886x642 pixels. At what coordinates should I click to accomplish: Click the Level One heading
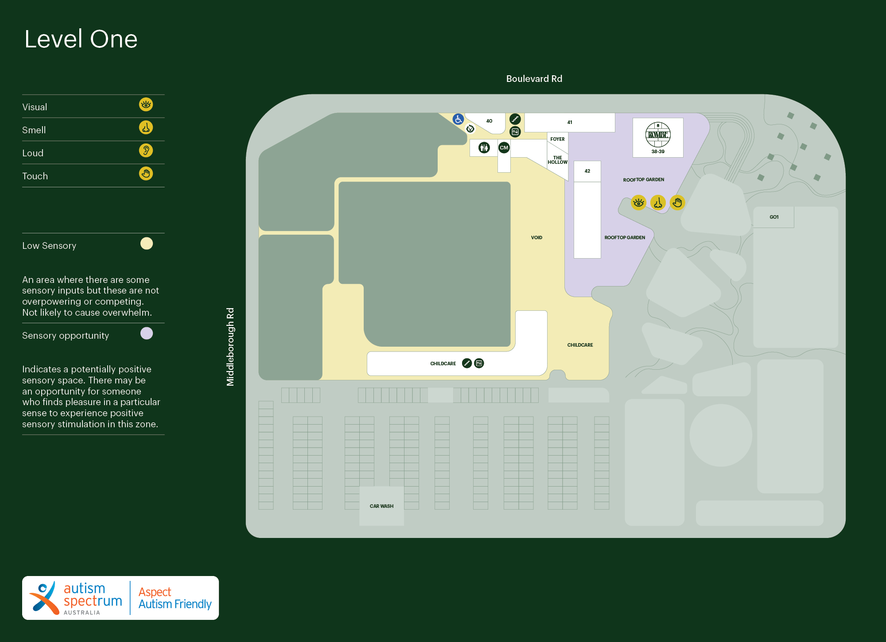pos(81,39)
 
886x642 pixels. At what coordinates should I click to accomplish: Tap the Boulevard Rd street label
pos(534,79)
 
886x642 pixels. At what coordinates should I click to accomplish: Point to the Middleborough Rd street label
pos(230,347)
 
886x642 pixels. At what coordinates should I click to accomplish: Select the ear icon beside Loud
pos(146,151)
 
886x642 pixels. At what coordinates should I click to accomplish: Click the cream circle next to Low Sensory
pos(147,244)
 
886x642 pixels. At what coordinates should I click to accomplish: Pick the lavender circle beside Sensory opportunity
pos(147,333)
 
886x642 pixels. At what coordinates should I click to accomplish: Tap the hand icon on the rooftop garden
pos(677,203)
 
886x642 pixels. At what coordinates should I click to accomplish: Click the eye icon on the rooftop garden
pos(638,203)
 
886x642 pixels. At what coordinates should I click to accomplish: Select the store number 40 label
pos(489,121)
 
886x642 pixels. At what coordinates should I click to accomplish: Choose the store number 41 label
pos(570,122)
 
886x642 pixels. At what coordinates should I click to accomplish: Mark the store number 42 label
pos(587,171)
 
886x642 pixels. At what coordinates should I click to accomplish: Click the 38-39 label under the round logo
pos(658,151)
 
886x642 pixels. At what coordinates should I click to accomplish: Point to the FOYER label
pos(557,139)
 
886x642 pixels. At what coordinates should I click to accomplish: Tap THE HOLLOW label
pos(557,160)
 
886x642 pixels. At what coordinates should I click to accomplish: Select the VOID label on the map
pos(536,238)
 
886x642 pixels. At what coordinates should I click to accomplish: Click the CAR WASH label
pos(381,506)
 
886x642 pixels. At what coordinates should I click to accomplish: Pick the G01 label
pos(774,217)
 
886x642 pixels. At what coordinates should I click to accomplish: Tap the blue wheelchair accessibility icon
pos(458,119)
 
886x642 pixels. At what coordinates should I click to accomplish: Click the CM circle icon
pos(504,148)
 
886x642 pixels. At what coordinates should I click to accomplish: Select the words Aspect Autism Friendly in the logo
pos(175,598)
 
